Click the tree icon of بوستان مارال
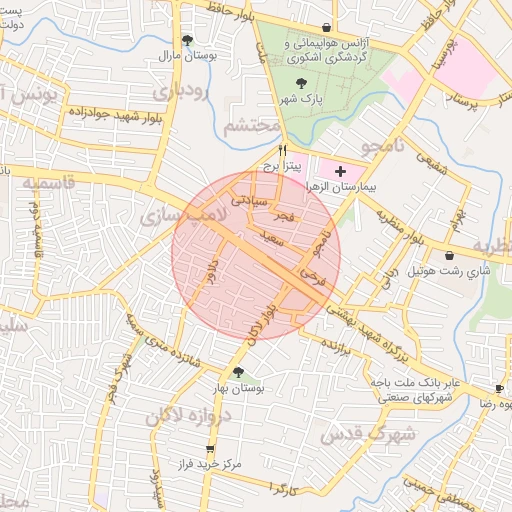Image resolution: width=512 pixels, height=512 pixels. pos(188,41)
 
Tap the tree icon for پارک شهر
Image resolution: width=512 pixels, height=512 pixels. pos(302,84)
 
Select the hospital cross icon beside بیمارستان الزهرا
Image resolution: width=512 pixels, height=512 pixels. pos(340,171)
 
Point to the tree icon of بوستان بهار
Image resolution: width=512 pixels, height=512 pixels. pos(237,373)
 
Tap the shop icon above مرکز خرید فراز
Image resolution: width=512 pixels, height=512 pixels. pos(209,449)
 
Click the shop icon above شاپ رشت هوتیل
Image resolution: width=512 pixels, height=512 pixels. pos(449,256)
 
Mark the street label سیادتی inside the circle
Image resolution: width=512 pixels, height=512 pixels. pos(250,199)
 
